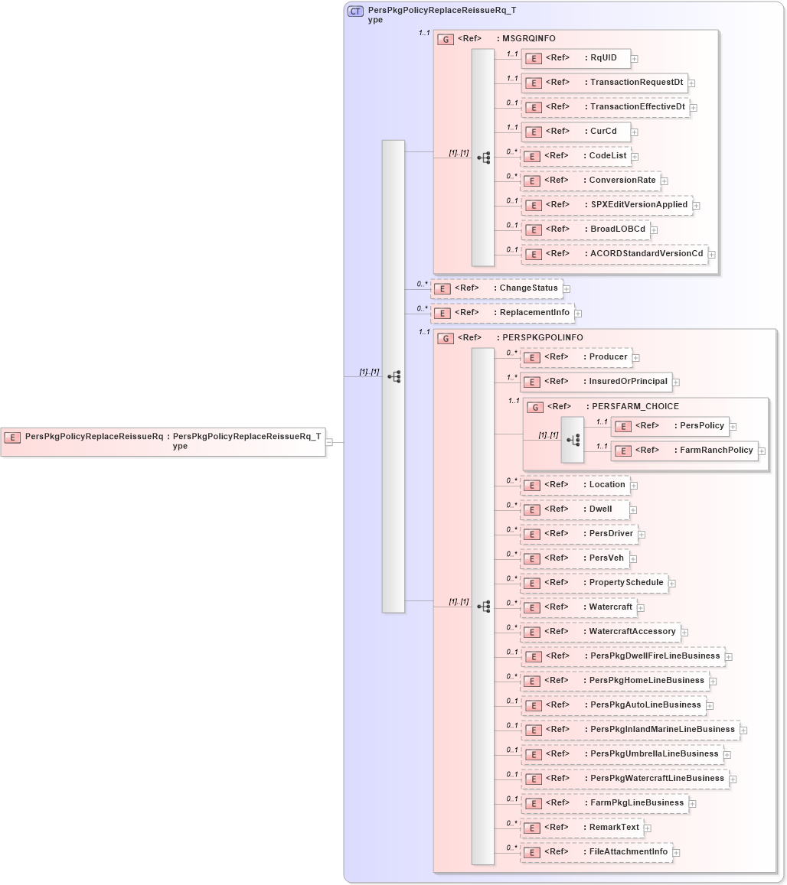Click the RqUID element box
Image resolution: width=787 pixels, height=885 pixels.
(x=575, y=58)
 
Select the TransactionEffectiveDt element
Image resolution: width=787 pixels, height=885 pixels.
(x=604, y=107)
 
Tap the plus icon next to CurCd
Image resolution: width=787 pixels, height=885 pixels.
(x=635, y=132)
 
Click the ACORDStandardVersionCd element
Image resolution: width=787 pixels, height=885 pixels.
(x=613, y=254)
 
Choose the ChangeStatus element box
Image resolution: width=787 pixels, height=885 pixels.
(x=497, y=288)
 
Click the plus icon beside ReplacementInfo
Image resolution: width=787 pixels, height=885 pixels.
(x=579, y=313)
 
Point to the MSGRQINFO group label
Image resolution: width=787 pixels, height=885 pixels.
(x=528, y=38)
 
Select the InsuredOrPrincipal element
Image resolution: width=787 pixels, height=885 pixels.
(x=596, y=382)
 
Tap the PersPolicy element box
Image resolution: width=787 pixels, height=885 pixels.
(x=668, y=426)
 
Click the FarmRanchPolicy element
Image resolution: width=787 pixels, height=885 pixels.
(x=684, y=451)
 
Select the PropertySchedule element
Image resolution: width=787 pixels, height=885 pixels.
(x=593, y=583)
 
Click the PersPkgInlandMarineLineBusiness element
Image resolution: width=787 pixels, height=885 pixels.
(x=630, y=730)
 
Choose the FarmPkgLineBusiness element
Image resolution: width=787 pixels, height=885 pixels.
(x=604, y=803)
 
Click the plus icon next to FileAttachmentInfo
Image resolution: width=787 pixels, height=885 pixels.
(x=677, y=852)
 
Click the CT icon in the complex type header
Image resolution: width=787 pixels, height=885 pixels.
(x=356, y=11)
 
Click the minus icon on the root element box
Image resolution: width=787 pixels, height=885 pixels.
(x=329, y=441)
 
